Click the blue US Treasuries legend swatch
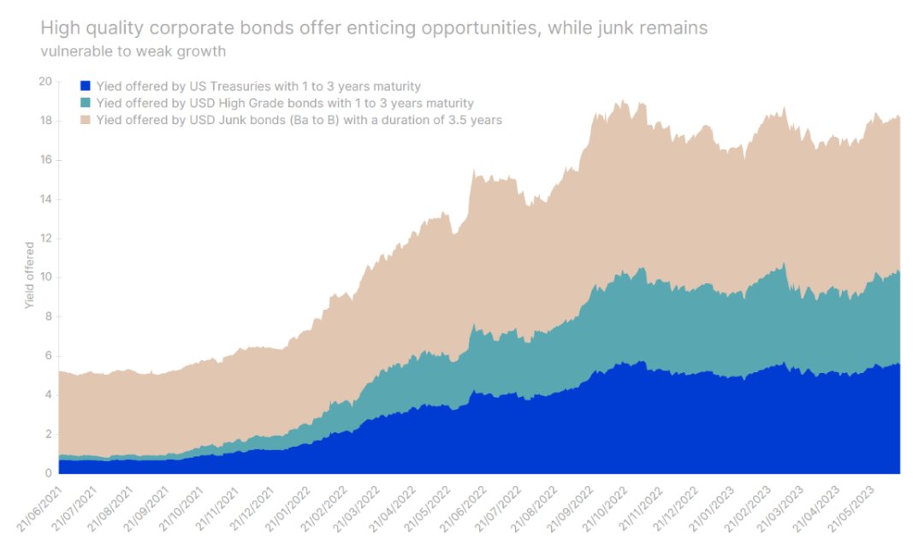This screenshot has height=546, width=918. click(85, 86)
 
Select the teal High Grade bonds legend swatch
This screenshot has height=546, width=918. click(85, 104)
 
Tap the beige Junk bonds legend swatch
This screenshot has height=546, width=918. click(85, 120)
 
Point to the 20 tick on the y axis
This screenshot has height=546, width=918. click(45, 81)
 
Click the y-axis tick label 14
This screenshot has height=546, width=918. click(45, 199)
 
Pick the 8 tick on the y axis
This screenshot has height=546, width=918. click(48, 317)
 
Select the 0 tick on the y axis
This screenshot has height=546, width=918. click(48, 473)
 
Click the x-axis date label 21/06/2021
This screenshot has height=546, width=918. click(39, 508)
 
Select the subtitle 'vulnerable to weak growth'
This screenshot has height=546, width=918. click(133, 50)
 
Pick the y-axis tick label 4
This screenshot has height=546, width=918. click(48, 395)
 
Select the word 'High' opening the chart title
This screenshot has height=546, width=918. click(58, 28)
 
